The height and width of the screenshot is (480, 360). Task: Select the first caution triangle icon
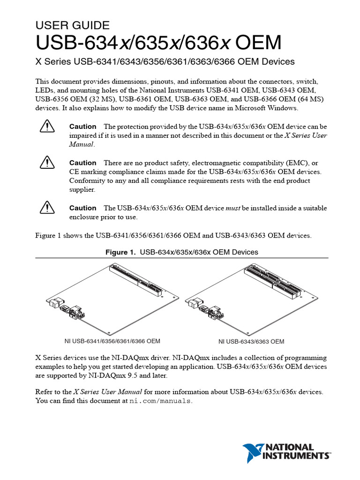click(47, 127)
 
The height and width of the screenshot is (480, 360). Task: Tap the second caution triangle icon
click(47, 163)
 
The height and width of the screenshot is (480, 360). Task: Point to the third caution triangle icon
click(47, 208)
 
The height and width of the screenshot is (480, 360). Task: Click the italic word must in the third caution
click(233, 208)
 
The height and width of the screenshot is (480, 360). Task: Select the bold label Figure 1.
click(121, 252)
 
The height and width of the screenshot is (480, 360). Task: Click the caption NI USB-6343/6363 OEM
click(251, 341)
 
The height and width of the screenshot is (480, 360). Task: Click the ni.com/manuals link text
click(160, 401)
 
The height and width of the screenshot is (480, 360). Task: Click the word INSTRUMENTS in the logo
click(296, 455)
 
